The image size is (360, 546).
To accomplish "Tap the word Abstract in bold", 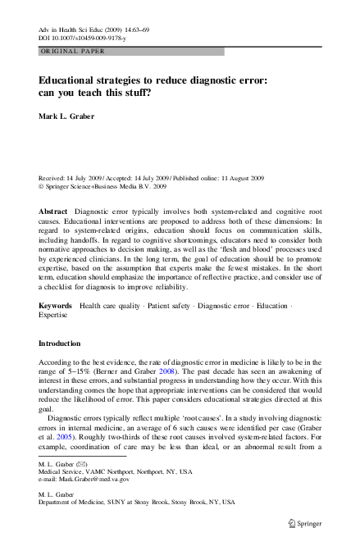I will click(x=54, y=211).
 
